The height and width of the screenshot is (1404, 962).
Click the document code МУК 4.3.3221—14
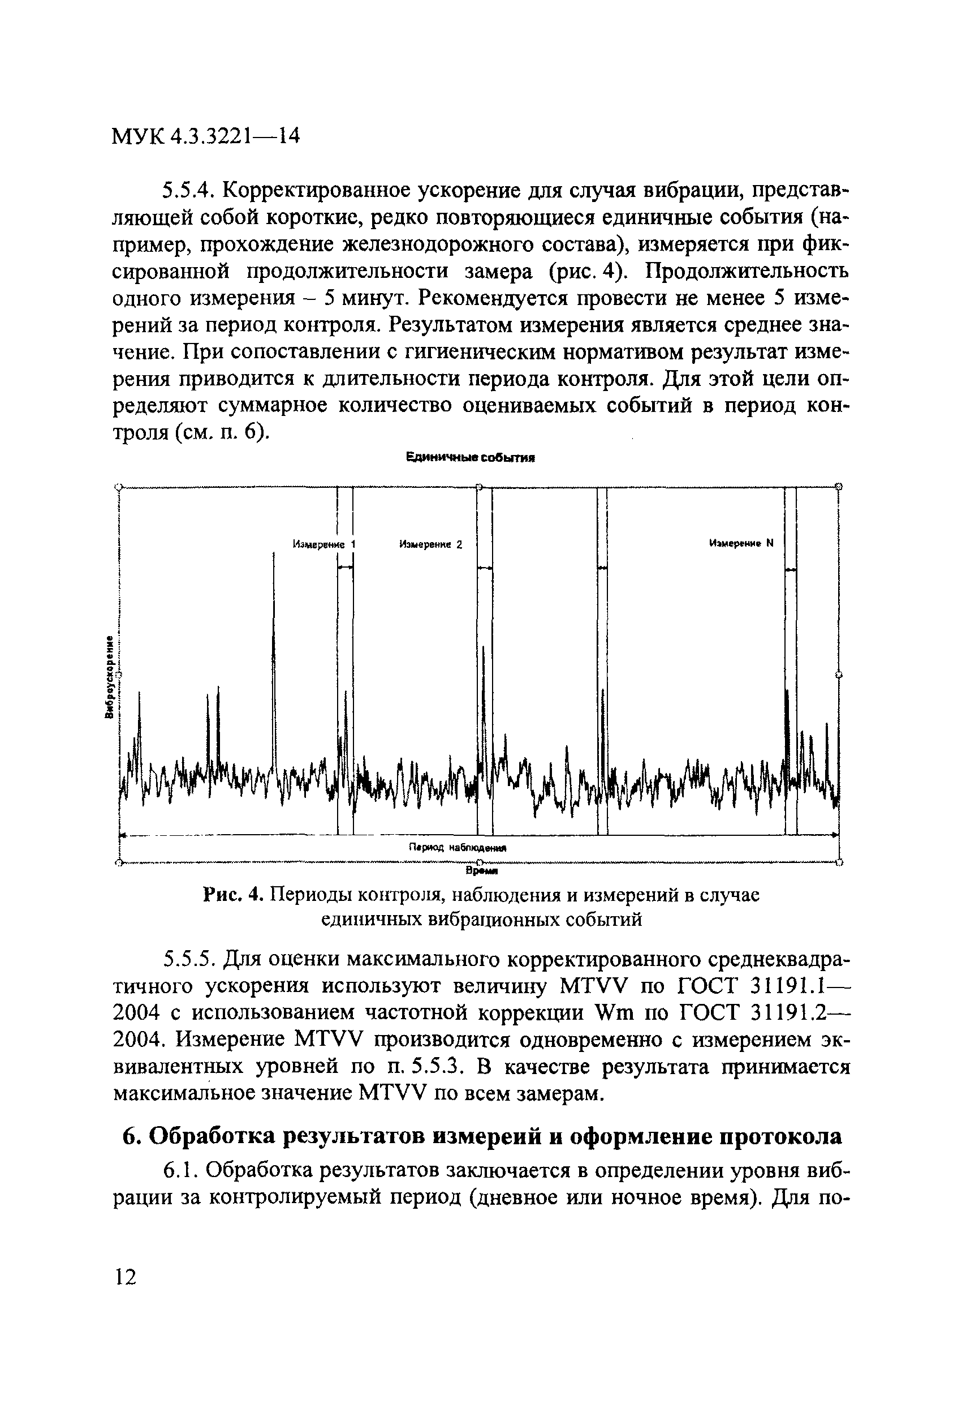[206, 136]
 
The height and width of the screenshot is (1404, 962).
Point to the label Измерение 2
[430, 544]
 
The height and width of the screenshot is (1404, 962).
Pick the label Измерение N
[740, 543]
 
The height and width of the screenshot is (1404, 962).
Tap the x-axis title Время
[481, 871]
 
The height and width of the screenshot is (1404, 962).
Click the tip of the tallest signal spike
[274, 555]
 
